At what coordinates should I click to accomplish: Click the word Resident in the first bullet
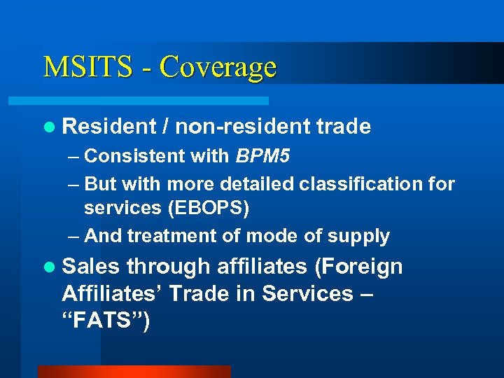pyautogui.click(x=108, y=126)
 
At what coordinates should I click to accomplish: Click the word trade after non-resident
pyautogui.click(x=343, y=126)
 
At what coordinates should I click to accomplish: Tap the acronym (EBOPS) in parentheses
pyautogui.click(x=219, y=208)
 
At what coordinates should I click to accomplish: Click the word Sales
pyautogui.click(x=91, y=266)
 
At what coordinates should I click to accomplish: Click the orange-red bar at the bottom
pyautogui.click(x=134, y=372)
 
